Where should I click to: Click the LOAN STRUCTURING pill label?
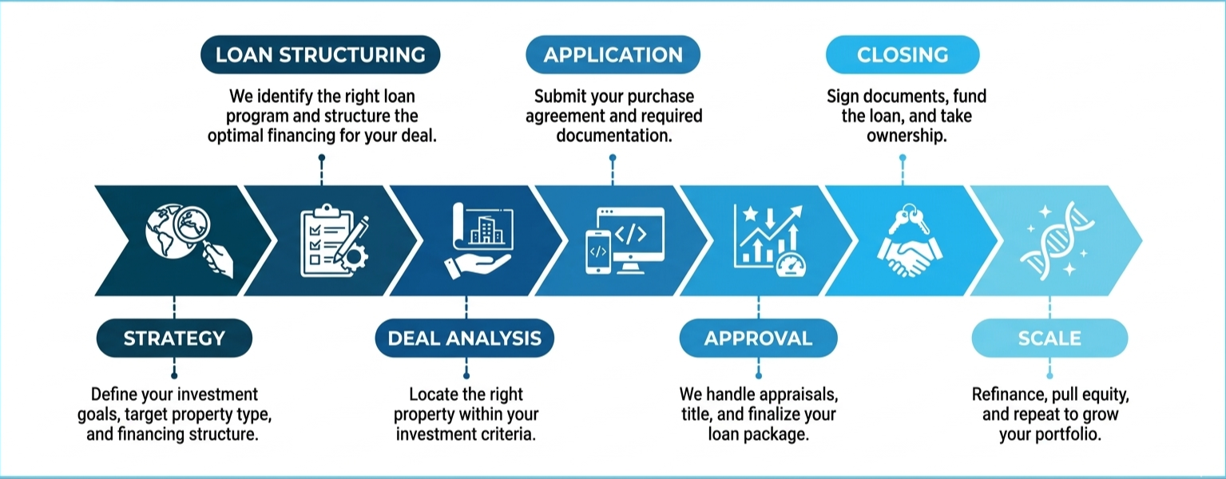320,54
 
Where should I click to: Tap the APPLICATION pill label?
613,54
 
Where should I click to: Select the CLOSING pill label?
903,54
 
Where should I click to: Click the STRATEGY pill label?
174,338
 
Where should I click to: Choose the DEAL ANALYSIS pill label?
465,338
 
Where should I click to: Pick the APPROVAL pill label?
758,338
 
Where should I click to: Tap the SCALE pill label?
1049,338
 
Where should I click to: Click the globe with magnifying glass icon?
188,240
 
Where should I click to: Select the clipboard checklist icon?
334,240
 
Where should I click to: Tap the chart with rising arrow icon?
769,240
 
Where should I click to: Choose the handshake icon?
909,255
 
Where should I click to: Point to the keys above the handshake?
909,219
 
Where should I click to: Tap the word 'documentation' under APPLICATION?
614,136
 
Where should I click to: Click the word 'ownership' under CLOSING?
907,136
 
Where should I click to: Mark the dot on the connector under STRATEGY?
174,376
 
